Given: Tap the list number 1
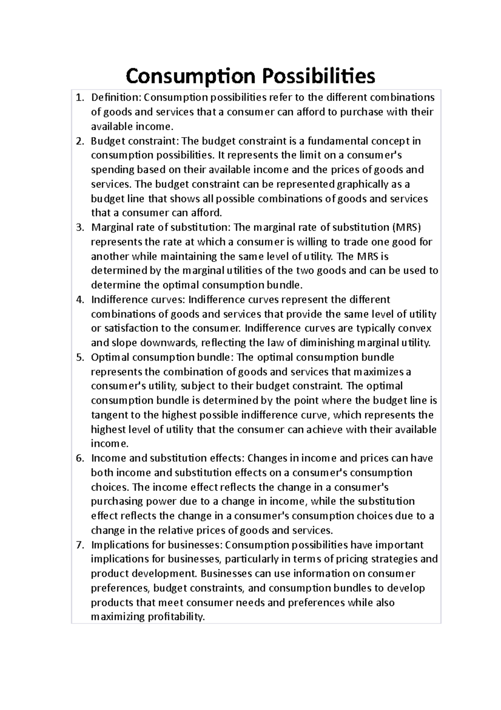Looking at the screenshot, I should pyautogui.click(x=79, y=98).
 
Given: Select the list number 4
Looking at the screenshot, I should pyautogui.click(x=79, y=300).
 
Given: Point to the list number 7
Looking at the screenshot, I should pyautogui.click(x=79, y=545).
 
